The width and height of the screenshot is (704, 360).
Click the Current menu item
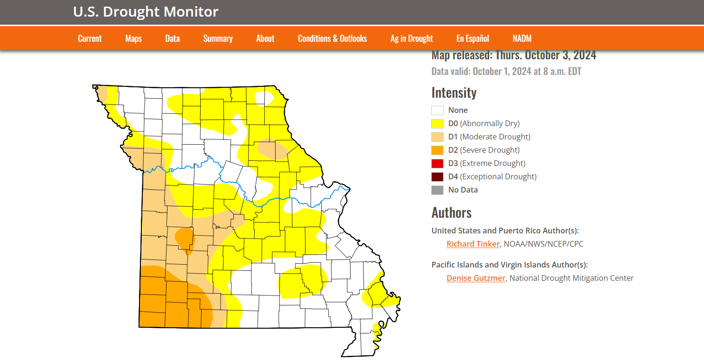pos(90,38)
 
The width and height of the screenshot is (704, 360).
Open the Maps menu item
pos(133,38)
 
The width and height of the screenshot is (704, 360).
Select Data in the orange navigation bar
pos(172,38)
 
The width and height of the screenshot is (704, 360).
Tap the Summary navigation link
pos(218,38)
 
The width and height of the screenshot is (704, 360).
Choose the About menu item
pos(265,38)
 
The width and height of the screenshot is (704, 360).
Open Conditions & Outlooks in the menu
pos(332,38)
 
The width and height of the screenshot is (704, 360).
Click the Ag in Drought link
pos(411,38)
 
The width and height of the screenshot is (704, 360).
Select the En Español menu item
pos(472,38)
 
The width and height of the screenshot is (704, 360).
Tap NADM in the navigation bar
pos(522,38)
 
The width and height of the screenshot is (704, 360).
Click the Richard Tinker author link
pos(473,244)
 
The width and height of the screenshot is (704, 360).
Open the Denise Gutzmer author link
pos(476,278)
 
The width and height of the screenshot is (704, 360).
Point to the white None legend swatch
pos(437,111)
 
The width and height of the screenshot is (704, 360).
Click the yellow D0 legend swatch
pos(437,124)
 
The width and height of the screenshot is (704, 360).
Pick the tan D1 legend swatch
pos(437,137)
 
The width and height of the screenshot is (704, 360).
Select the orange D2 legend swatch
pos(437,150)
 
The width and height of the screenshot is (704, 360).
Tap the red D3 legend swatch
pos(437,164)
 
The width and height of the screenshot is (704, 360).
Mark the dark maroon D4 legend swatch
pos(437,177)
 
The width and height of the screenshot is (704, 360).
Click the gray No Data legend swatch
pos(437,190)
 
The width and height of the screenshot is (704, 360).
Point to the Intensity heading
pos(454,92)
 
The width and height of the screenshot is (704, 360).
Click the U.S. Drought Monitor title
pos(146,12)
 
